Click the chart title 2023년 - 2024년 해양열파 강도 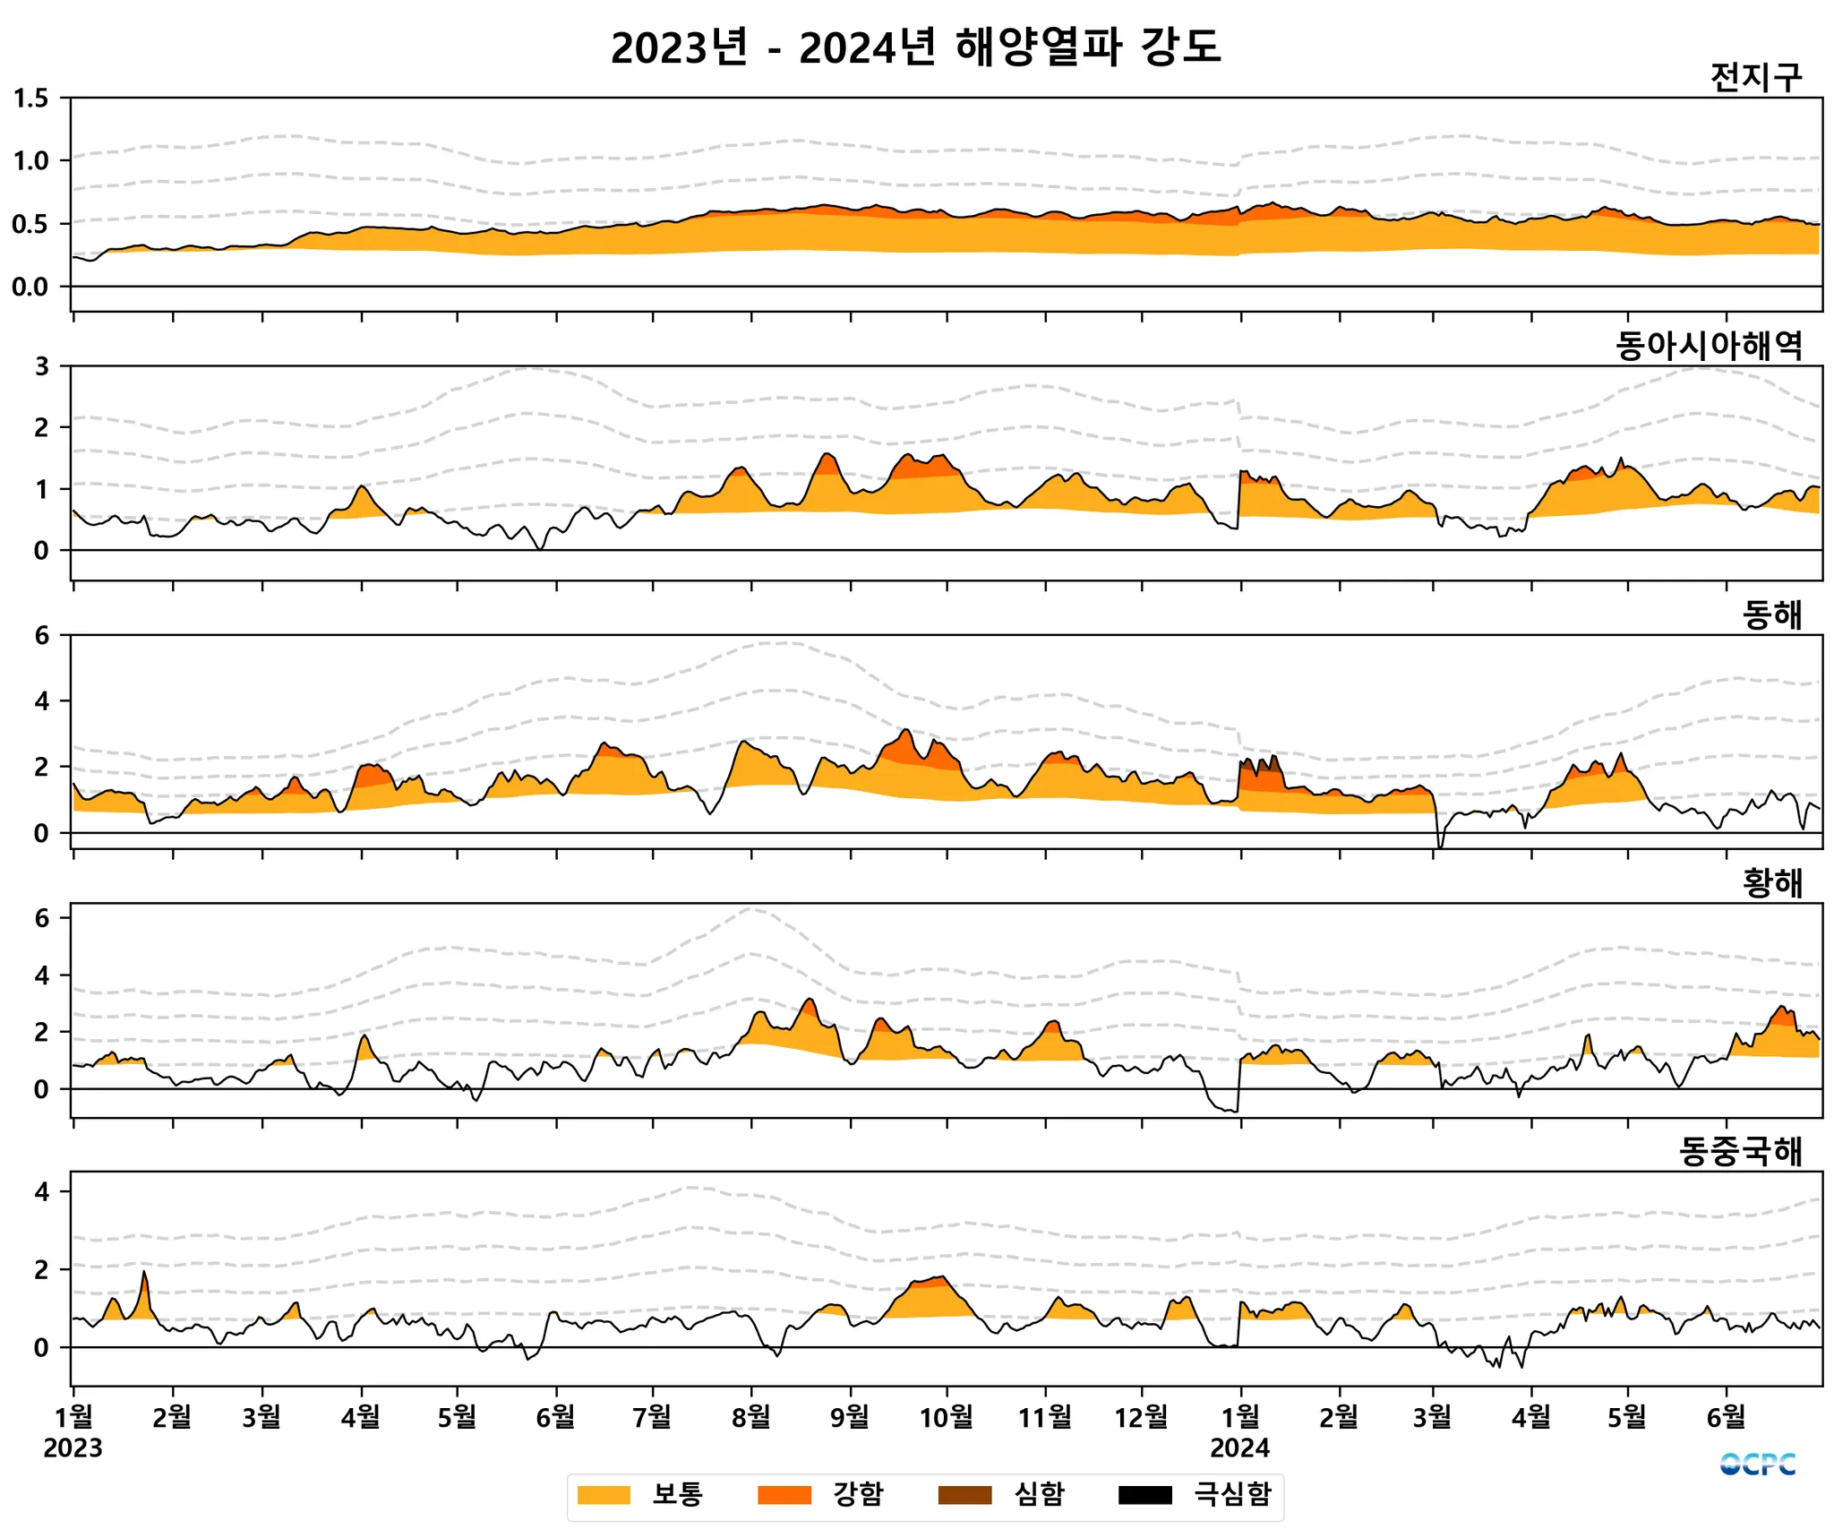coord(915,47)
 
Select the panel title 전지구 coord(1755,78)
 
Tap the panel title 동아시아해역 coord(1709,346)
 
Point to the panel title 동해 coord(1771,615)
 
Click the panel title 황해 coord(1771,883)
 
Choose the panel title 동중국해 coord(1740,1152)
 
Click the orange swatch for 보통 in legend coord(604,1494)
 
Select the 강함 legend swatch coord(784,1494)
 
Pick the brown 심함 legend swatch coord(964,1494)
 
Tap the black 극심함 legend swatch coord(1144,1494)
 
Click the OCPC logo coord(1757,1465)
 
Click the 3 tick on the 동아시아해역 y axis coord(41,366)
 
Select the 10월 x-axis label coord(947,1417)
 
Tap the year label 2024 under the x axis coord(1239,1448)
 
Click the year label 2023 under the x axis coord(73,1448)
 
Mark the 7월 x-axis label coord(652,1417)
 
